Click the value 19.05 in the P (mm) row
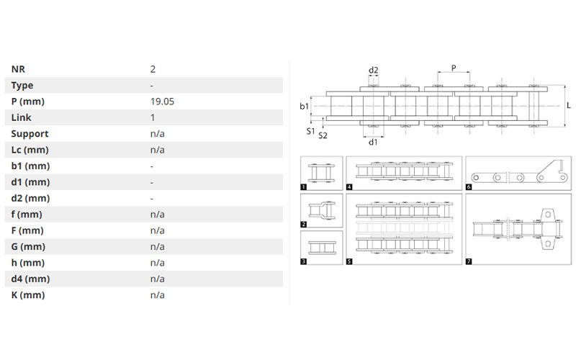click(x=162, y=102)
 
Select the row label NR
click(x=18, y=69)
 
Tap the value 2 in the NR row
click(x=153, y=69)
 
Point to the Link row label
click(x=21, y=117)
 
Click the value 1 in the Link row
click(x=153, y=117)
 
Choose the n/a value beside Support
click(x=157, y=134)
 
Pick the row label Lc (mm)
click(x=30, y=150)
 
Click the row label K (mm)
click(x=28, y=295)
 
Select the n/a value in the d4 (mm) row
click(x=157, y=279)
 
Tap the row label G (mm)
click(x=28, y=246)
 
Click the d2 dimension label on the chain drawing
click(x=373, y=70)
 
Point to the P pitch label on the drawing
click(x=454, y=68)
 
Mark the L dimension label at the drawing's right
click(x=569, y=105)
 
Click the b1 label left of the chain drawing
click(x=304, y=106)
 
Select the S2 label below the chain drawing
click(x=323, y=135)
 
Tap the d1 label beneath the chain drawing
click(x=373, y=142)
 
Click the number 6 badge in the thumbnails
click(x=469, y=187)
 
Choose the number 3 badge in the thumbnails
click(x=303, y=261)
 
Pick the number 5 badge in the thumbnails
click(x=349, y=261)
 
